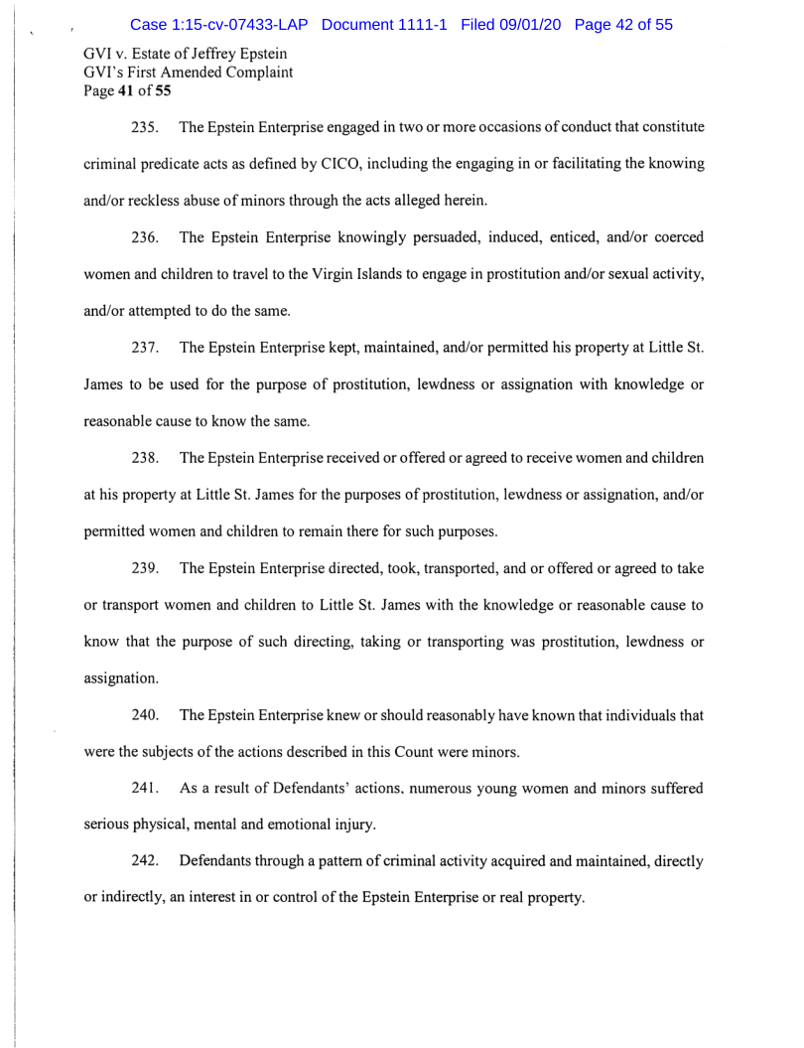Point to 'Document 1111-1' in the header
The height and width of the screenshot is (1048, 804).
385,24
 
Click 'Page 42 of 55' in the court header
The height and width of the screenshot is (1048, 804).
623,24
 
